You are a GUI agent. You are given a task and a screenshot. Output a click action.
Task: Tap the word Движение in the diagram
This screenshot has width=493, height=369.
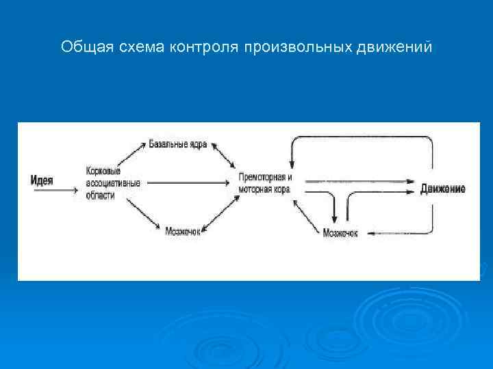point(443,189)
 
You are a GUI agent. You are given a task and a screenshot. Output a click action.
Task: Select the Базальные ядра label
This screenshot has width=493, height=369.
point(178,144)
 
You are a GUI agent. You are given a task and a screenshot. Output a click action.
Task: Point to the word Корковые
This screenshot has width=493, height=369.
point(103,171)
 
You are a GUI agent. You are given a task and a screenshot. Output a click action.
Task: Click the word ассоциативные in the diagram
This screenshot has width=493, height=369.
point(113,183)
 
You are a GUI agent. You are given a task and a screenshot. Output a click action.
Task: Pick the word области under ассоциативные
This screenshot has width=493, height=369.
point(101,195)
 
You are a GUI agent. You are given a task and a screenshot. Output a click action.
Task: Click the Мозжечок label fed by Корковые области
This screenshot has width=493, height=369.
point(183,232)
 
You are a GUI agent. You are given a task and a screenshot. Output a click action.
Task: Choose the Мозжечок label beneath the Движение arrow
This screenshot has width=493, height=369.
point(340,234)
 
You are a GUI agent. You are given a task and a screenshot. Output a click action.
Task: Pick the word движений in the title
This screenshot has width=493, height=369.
point(395,47)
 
